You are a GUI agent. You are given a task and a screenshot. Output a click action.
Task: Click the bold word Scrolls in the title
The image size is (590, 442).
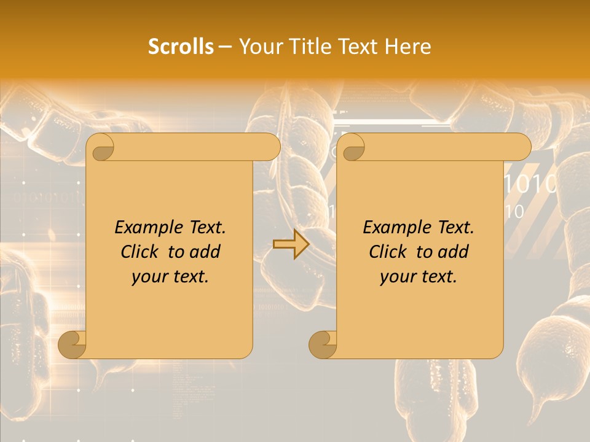point(181,47)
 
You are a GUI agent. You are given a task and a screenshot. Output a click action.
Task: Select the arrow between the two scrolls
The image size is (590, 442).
point(291,244)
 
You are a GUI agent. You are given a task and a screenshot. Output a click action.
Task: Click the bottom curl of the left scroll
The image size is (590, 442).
point(72,344)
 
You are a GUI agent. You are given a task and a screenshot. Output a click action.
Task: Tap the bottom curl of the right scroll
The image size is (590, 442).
point(323,344)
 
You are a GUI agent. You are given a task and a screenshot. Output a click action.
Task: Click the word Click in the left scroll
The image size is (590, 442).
point(141,252)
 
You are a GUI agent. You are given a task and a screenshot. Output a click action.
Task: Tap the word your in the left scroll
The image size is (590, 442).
point(147,277)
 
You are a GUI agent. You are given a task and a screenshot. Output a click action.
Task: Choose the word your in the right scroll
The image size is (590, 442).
point(395,277)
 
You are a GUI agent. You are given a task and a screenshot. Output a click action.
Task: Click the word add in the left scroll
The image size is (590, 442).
point(205,252)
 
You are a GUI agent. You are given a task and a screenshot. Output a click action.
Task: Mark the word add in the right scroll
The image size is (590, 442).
point(454,252)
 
